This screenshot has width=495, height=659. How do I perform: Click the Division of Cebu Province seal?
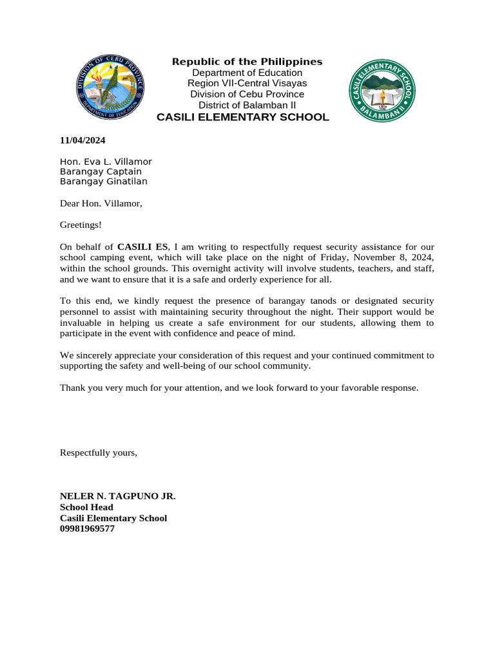pyautogui.click(x=110, y=88)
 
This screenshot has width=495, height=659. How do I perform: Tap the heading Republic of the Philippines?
pyautogui.click(x=247, y=62)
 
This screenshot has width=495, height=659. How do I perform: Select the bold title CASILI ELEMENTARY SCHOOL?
pyautogui.click(x=244, y=117)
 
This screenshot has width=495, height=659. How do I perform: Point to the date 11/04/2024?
pyautogui.click(x=82, y=140)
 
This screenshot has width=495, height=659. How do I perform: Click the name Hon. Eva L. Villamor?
pyautogui.click(x=106, y=162)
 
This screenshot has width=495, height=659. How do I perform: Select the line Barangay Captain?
pyautogui.click(x=101, y=172)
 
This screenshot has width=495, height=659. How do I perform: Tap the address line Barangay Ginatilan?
pyautogui.click(x=103, y=181)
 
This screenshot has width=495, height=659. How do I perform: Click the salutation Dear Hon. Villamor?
pyautogui.click(x=101, y=204)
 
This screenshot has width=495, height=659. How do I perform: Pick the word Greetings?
pyautogui.click(x=81, y=225)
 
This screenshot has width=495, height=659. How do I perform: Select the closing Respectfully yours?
pyautogui.click(x=99, y=452)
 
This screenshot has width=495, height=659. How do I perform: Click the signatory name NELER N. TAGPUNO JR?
pyautogui.click(x=117, y=496)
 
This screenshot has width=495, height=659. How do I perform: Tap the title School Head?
pyautogui.click(x=86, y=507)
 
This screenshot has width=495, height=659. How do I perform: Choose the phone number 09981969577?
pyautogui.click(x=87, y=529)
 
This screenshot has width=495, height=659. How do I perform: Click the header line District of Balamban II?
pyautogui.click(x=247, y=105)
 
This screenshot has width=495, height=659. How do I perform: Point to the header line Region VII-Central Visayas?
pyautogui.click(x=247, y=83)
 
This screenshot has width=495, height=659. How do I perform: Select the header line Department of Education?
pyautogui.click(x=247, y=73)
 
